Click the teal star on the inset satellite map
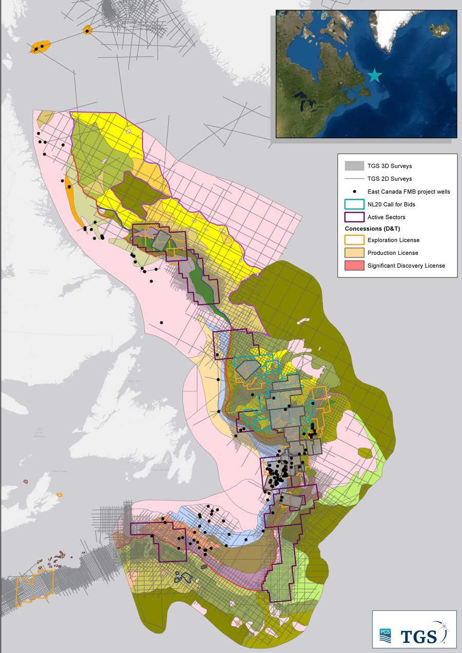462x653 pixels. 375,76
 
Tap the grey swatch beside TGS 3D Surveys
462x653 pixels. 354,166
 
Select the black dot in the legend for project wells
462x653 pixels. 354,192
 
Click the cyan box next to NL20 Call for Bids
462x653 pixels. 354,204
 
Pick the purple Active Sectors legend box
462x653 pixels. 354,217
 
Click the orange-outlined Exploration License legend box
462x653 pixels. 354,240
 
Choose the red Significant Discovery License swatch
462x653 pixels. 354,266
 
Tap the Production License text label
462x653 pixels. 393,253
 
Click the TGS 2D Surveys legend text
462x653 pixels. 390,179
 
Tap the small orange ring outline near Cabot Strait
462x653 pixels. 60,495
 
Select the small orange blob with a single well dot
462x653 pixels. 87,31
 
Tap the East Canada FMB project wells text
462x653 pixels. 408,192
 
